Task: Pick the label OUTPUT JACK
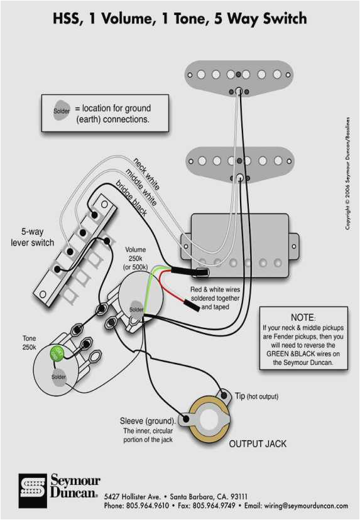[258, 444]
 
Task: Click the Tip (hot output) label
[256, 396]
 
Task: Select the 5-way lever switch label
[33, 237]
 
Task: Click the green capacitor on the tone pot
[58, 352]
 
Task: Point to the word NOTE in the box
[303, 318]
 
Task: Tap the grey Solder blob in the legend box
[61, 111]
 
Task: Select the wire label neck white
[146, 174]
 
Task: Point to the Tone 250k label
[29, 343]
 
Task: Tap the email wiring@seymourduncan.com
[295, 506]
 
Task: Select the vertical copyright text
[347, 173]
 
